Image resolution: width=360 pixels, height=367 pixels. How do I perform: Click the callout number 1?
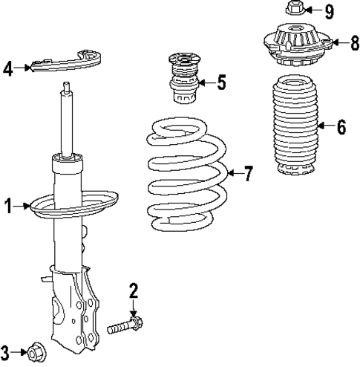click(x=8, y=207)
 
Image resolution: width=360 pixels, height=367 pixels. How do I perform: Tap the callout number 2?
click(x=134, y=290)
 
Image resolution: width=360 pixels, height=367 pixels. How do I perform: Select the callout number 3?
click(x=6, y=352)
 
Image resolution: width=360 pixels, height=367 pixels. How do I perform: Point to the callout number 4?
click(x=8, y=69)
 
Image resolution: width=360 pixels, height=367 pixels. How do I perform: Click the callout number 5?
click(x=221, y=82)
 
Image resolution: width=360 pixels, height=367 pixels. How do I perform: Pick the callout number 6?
click(x=341, y=127)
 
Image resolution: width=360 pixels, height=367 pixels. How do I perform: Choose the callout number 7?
click(x=248, y=175)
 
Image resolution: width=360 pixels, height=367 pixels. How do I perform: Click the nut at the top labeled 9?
click(x=292, y=10)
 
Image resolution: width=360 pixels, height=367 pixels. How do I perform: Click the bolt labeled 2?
click(x=125, y=325)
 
